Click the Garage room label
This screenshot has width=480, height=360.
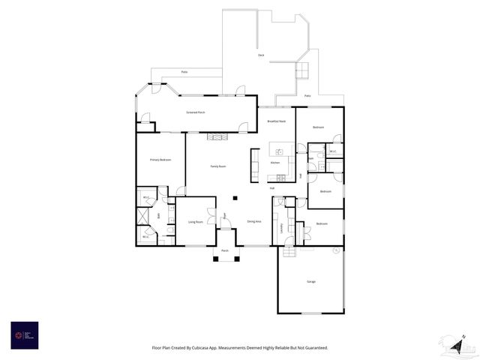[x=310, y=282]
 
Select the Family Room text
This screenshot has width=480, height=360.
[x=217, y=166]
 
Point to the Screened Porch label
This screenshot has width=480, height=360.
[x=196, y=112]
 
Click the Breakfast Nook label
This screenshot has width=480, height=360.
[x=276, y=121]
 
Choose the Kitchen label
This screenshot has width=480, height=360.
[x=274, y=162]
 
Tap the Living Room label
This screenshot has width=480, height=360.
[x=196, y=222]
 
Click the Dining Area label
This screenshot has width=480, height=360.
[x=253, y=222]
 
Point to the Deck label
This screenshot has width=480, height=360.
[x=261, y=55]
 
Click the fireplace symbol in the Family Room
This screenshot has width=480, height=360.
[x=217, y=136]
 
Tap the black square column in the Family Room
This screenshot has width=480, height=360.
[x=235, y=198]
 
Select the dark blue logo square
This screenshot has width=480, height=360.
[x=25, y=335]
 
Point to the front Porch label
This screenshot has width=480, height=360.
[x=224, y=250]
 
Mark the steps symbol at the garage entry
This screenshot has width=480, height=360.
[x=289, y=253]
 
